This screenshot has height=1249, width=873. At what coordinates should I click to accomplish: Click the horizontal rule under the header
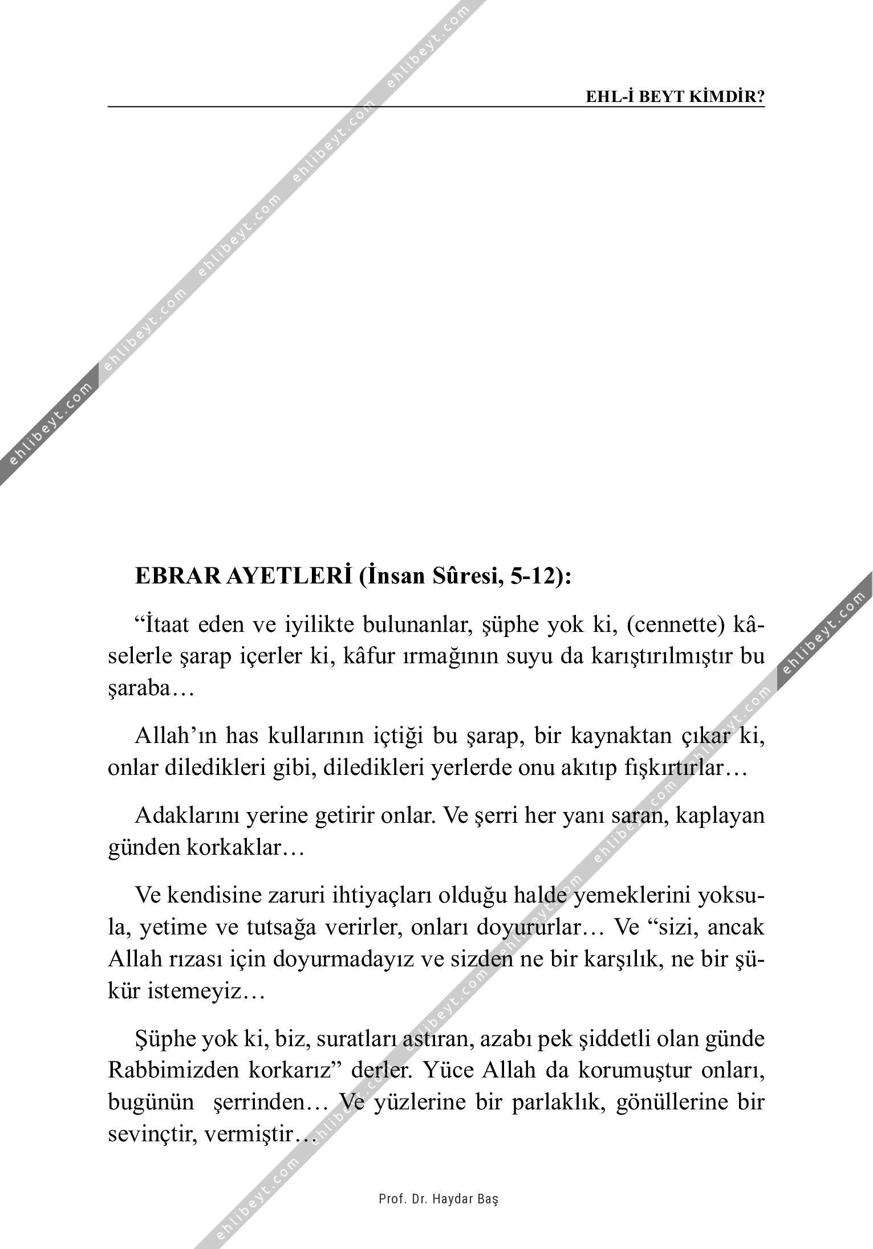pos(436,107)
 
